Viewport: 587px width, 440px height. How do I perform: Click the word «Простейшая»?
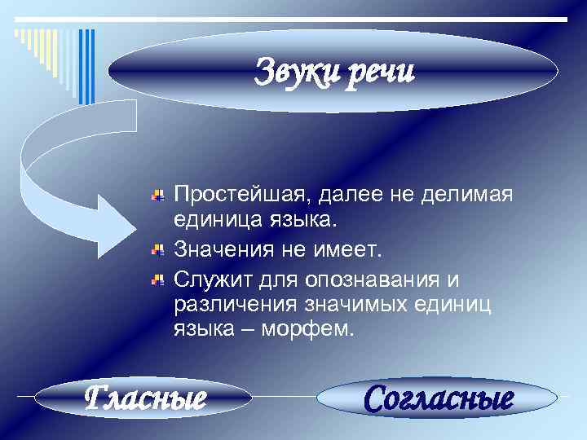(x=242, y=196)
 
